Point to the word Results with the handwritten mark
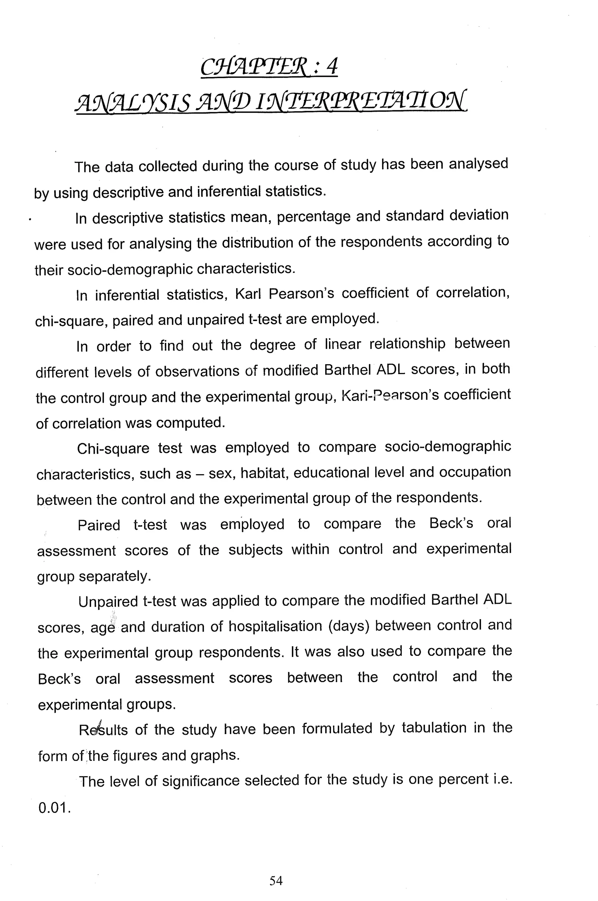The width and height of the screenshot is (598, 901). (103, 730)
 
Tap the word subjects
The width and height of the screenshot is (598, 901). (255, 550)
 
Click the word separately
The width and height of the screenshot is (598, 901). (115, 576)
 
